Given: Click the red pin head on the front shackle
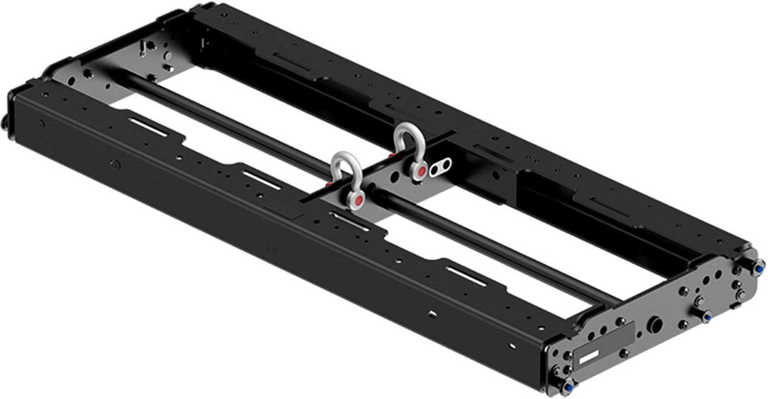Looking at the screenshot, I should tap(359, 200).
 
